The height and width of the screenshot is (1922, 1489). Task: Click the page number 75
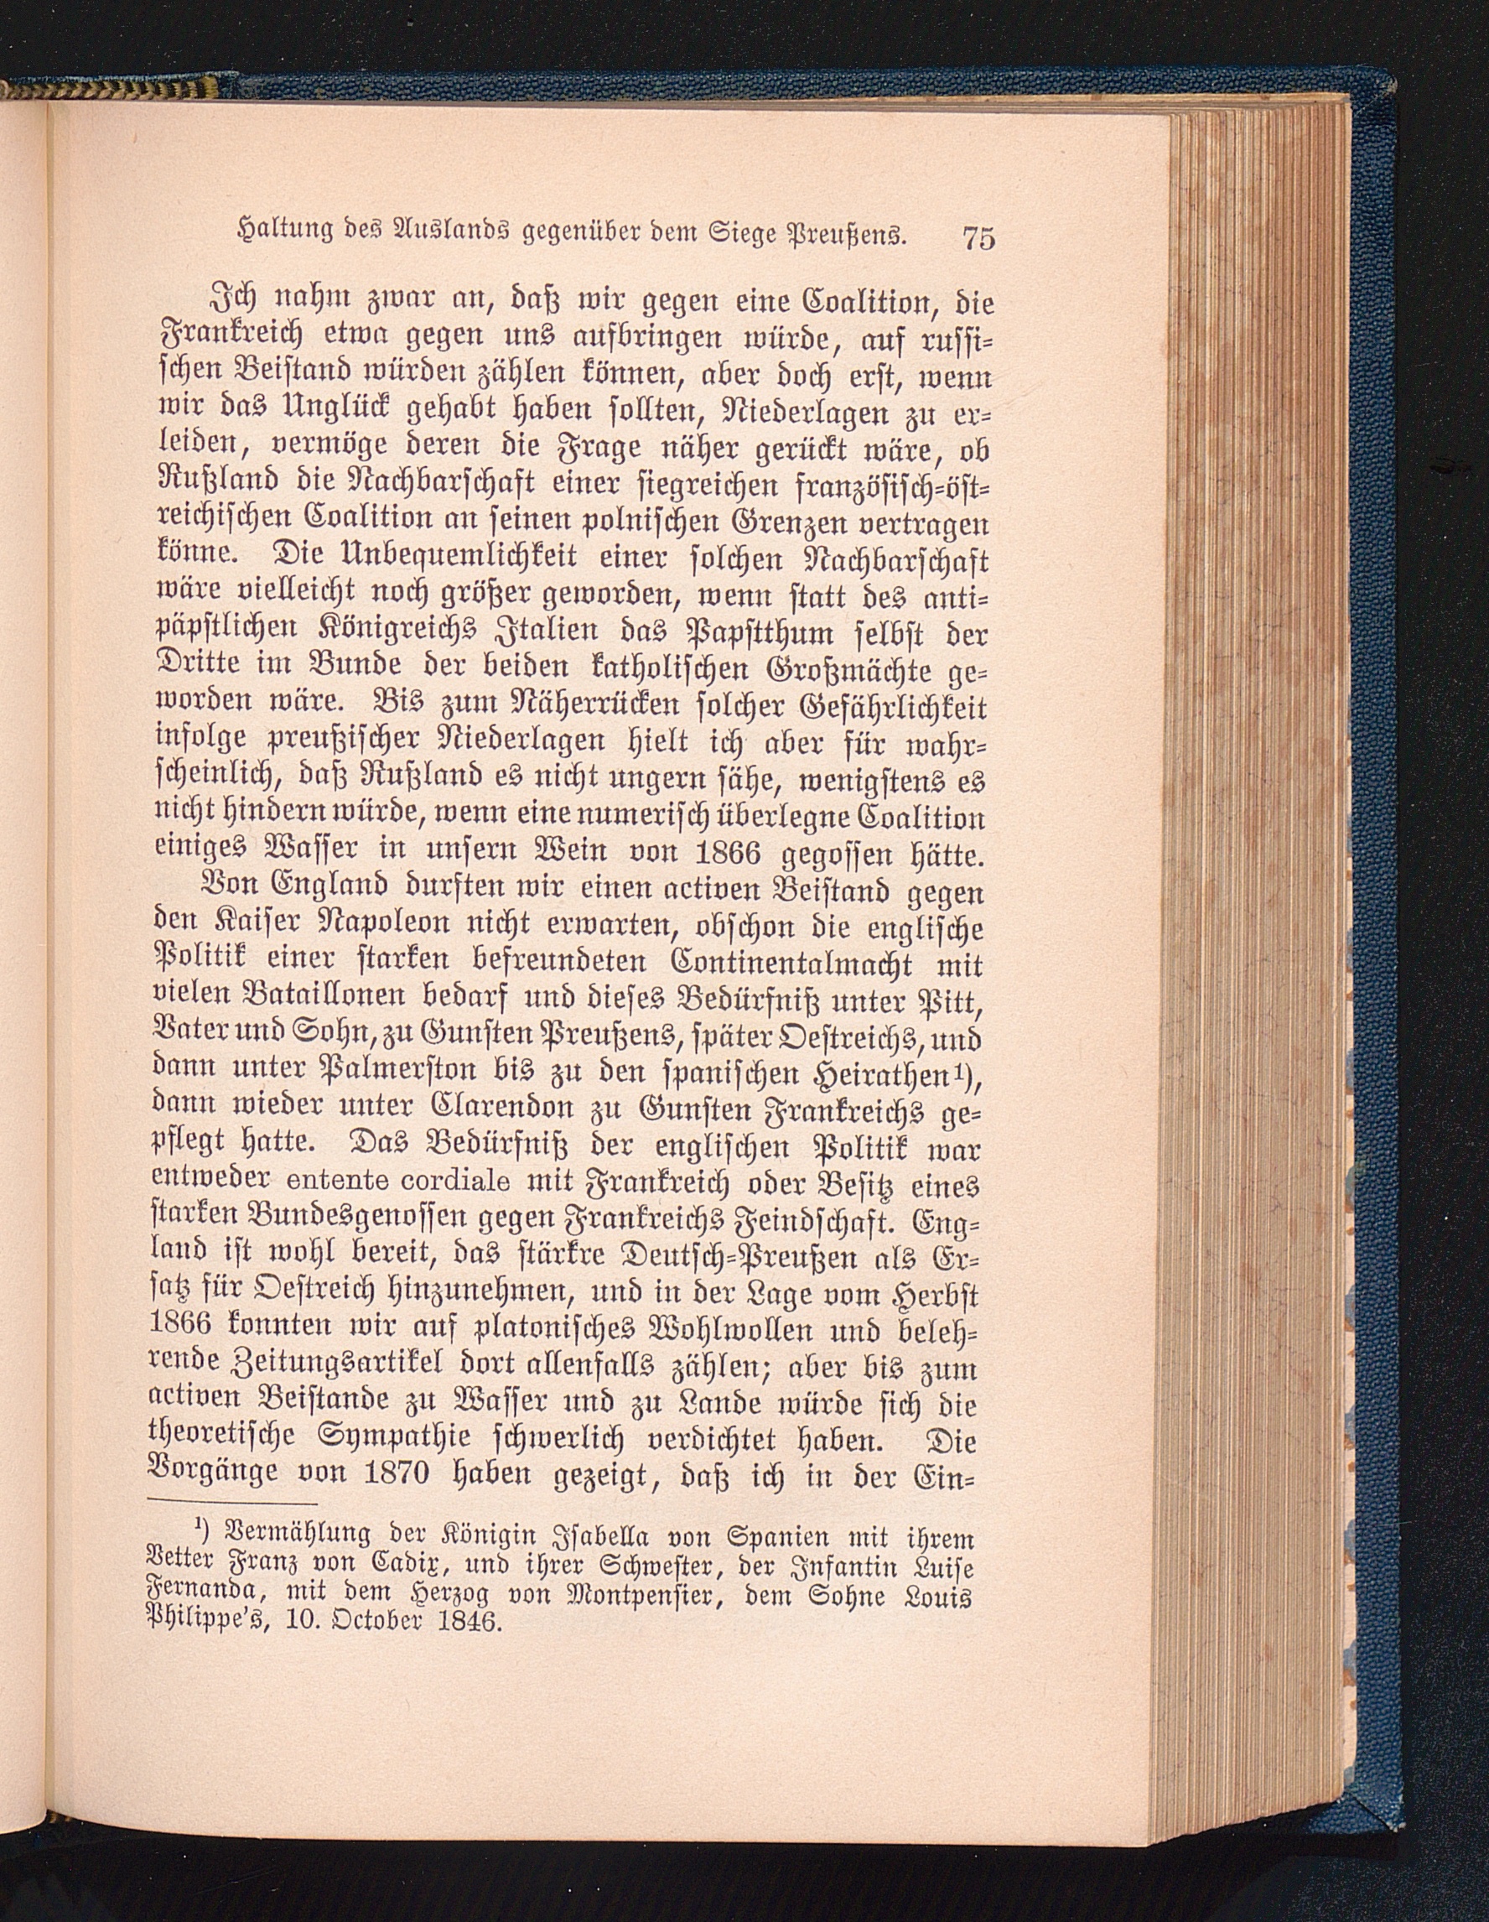pos(978,237)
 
